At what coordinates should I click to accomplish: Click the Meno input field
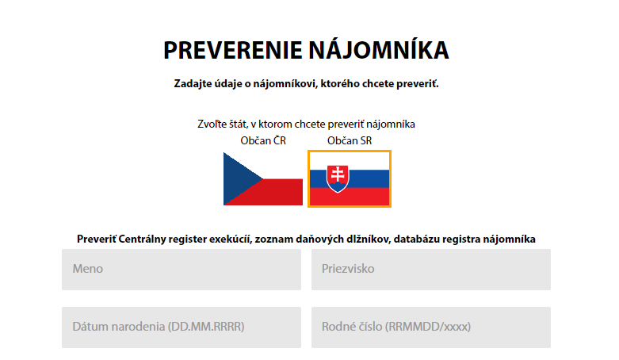[x=181, y=270]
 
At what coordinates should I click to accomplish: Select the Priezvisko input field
[x=430, y=270]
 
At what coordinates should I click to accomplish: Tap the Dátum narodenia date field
[x=181, y=327]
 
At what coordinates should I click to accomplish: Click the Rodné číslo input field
[x=430, y=327]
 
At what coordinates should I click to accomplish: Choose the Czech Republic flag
[x=263, y=178]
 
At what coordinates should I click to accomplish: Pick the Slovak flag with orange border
[x=350, y=178]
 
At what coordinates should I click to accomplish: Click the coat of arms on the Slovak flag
[x=338, y=178]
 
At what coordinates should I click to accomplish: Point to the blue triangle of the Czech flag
[x=239, y=178]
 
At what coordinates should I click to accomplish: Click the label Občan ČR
[x=263, y=140]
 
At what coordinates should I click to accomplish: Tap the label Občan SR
[x=350, y=140]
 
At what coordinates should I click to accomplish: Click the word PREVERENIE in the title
[x=233, y=50]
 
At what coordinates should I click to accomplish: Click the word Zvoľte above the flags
[x=212, y=124]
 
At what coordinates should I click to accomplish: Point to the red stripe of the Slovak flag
[x=350, y=197]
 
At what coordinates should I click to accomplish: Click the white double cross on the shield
[x=338, y=174]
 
